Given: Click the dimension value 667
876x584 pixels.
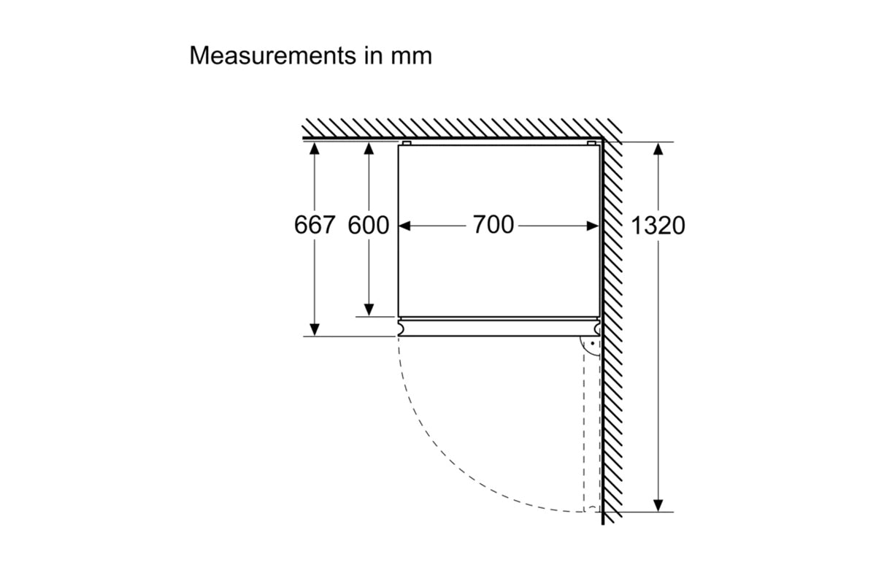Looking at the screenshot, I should click(315, 225).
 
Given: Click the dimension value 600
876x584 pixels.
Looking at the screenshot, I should click(369, 225).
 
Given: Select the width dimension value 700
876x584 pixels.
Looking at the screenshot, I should click(493, 225).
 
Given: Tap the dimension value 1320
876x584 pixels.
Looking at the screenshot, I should click(658, 226).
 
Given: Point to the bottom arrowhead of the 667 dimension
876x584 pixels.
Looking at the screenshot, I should click(315, 329).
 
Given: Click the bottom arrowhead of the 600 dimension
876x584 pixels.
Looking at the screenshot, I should click(369, 310).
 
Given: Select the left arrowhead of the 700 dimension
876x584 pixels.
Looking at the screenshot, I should click(405, 226).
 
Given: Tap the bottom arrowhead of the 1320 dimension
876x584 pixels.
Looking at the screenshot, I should click(658, 505).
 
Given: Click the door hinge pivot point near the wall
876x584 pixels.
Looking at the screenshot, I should click(592, 343).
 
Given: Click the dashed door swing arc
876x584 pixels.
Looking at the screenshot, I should click(467, 467).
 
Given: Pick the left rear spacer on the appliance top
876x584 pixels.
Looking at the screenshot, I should click(407, 143).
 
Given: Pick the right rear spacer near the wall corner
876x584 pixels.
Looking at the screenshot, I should click(591, 143).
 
